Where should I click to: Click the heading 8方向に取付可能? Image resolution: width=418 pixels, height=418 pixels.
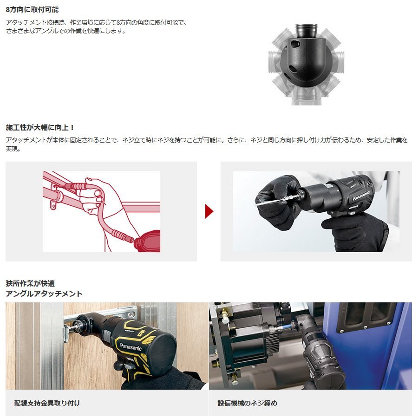pyautogui.click(x=32, y=9)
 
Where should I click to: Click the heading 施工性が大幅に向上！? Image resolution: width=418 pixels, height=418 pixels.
pyautogui.click(x=40, y=127)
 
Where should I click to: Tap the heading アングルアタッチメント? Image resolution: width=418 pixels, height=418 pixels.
pyautogui.click(x=44, y=294)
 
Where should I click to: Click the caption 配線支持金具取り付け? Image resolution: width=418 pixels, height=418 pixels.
pyautogui.click(x=47, y=403)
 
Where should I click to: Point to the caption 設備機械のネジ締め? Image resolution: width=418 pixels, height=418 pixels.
pyautogui.click(x=248, y=403)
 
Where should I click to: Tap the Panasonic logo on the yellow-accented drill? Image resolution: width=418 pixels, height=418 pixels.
pyautogui.click(x=131, y=346)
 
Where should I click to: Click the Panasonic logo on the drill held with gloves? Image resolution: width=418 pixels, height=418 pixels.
pyautogui.click(x=360, y=196)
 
